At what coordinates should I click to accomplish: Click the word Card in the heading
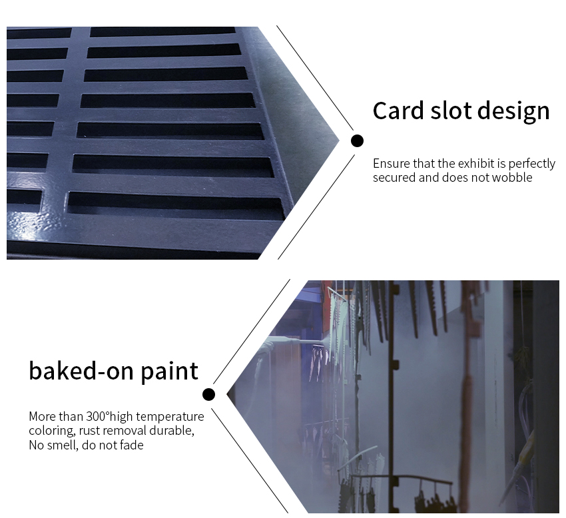[398, 111]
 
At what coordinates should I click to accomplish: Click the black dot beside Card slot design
[357, 140]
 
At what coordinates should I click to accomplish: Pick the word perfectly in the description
[532, 164]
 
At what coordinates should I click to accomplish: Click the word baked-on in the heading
[82, 371]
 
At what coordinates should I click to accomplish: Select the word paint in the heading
[169, 372]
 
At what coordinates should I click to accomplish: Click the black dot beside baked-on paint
[208, 395]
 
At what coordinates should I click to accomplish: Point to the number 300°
[97, 417]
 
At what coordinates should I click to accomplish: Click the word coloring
[52, 431]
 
